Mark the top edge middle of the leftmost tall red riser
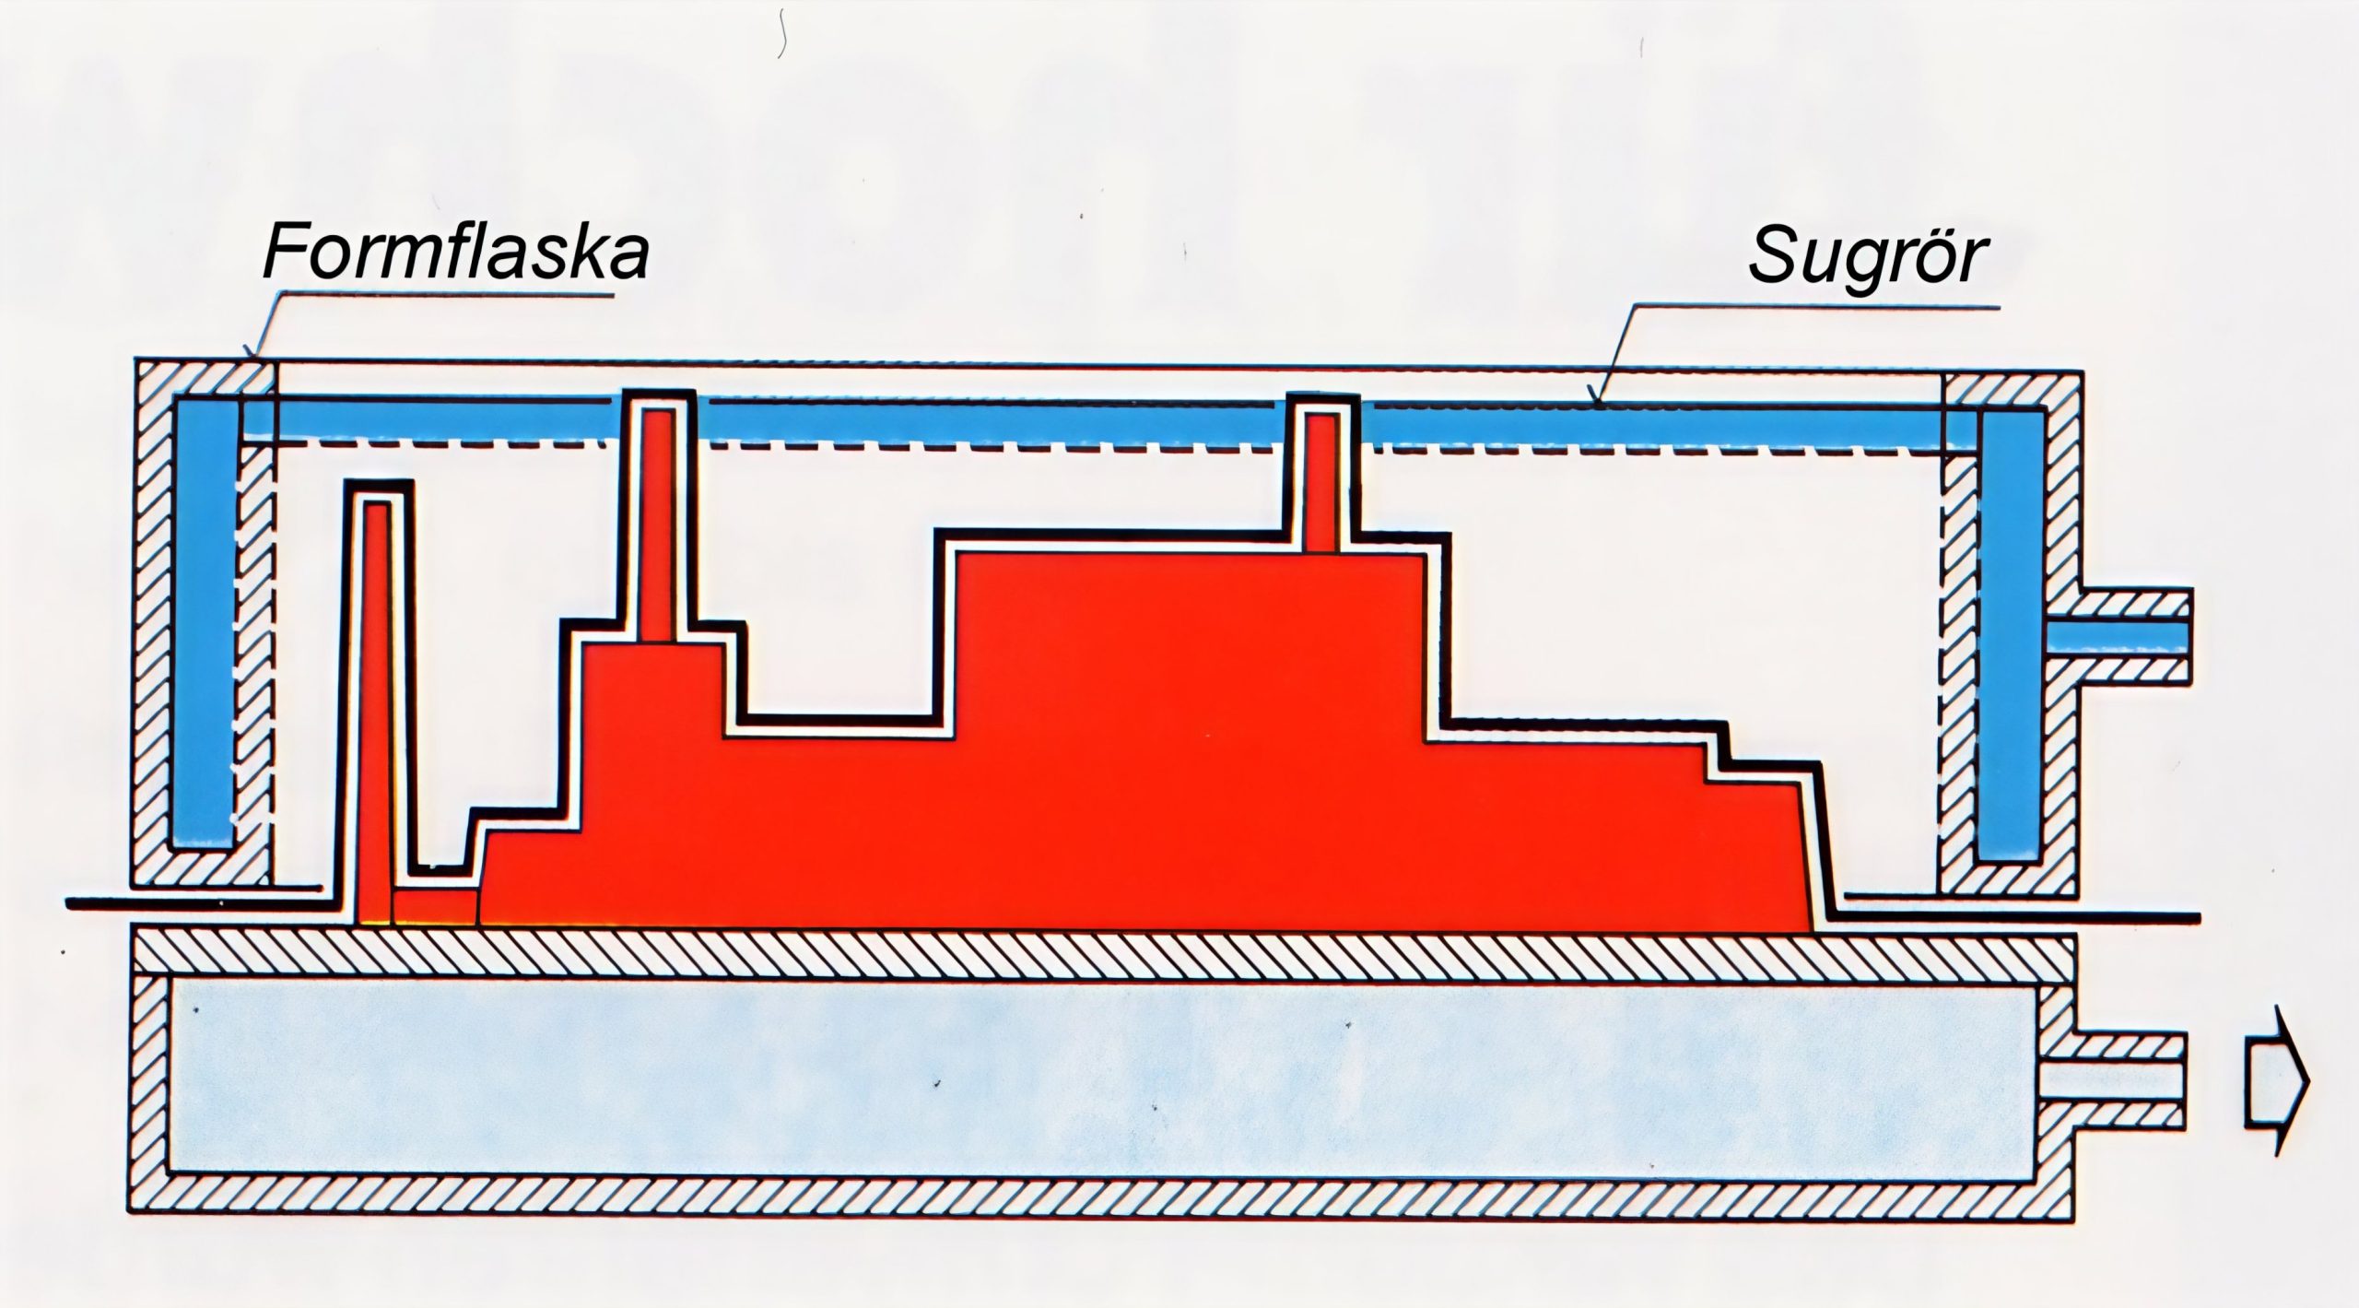(x=376, y=502)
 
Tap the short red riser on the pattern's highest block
(x=1322, y=485)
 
